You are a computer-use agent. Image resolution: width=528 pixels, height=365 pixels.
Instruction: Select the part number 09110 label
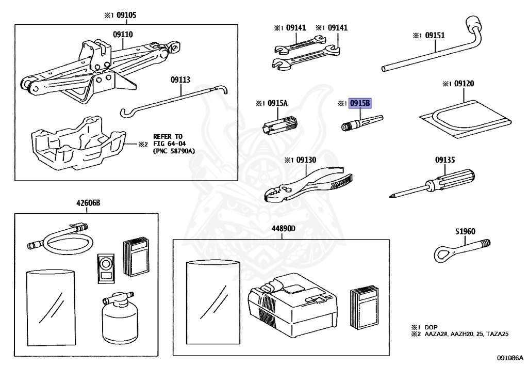[123, 35]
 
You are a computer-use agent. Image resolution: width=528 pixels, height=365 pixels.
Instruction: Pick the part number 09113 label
[181, 80]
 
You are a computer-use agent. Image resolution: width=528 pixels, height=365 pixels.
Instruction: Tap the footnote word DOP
[431, 327]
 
